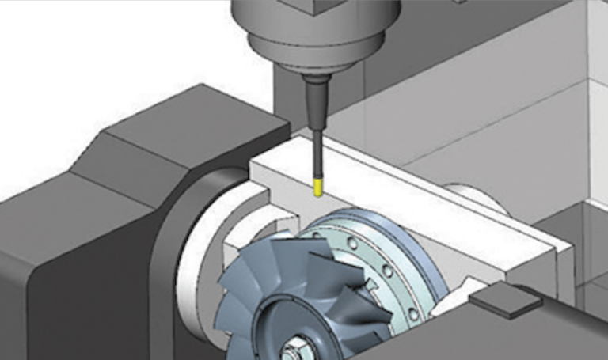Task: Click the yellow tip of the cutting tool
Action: click(318, 188)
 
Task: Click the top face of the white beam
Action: click(412, 198)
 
